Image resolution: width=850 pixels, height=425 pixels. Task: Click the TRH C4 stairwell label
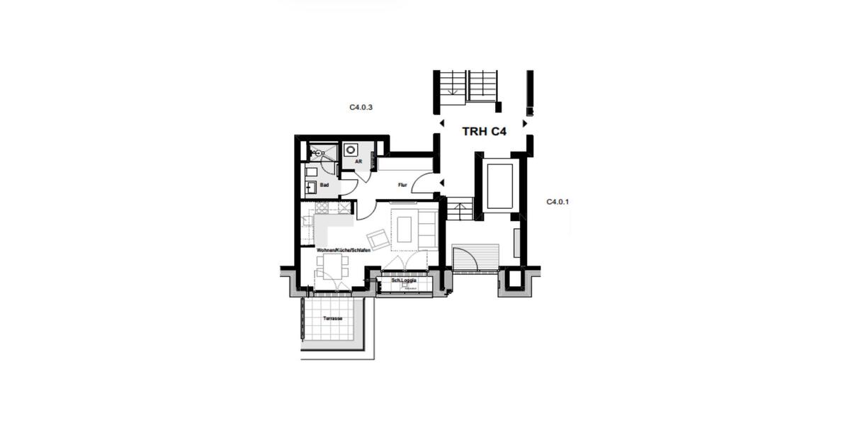tap(484, 131)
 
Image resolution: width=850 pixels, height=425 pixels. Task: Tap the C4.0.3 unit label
tap(361, 108)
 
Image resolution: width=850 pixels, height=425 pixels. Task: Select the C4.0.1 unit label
tap(557, 202)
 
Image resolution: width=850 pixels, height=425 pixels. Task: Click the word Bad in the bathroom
tap(324, 185)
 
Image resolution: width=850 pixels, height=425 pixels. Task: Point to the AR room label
tap(358, 161)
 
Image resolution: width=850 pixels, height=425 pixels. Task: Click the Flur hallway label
tap(402, 185)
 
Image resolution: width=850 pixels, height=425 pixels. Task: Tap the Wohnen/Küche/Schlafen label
tap(344, 250)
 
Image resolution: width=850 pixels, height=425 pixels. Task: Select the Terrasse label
tap(333, 319)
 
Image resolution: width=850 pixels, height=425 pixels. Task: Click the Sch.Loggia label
tap(404, 281)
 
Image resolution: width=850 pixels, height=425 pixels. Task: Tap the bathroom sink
tap(311, 188)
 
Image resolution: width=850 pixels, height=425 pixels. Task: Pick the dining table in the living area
tap(332, 266)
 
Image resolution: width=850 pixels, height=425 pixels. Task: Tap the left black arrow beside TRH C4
tap(441, 123)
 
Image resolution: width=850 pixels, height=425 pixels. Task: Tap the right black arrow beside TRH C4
tap(525, 123)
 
